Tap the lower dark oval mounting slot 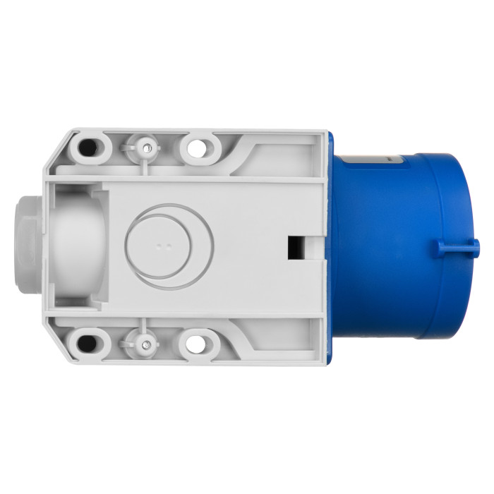[88, 344]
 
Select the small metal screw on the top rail [146, 147]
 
